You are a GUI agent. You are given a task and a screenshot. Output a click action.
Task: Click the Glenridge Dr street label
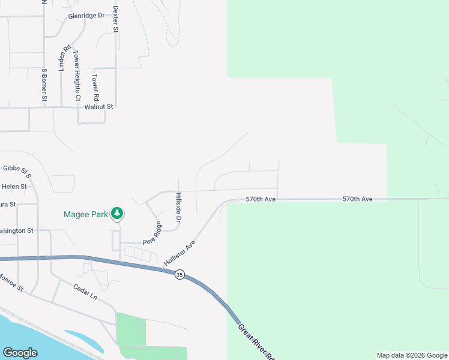click(x=86, y=16)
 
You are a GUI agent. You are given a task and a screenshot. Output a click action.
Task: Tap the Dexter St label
click(x=116, y=19)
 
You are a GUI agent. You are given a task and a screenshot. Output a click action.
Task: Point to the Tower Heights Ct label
click(x=77, y=75)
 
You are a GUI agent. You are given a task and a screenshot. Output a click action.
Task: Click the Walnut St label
click(x=99, y=106)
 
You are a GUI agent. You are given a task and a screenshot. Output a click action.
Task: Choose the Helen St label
click(x=14, y=187)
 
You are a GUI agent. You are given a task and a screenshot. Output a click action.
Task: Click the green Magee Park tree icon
click(x=118, y=213)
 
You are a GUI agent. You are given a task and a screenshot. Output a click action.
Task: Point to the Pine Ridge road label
click(x=152, y=233)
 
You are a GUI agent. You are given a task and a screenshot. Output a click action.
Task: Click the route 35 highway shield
click(x=179, y=275)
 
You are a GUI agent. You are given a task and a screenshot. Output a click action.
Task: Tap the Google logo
click(x=20, y=353)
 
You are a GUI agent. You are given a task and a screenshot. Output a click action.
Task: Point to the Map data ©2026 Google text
click(x=411, y=355)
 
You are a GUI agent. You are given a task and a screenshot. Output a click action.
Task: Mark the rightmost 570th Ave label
click(x=358, y=199)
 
